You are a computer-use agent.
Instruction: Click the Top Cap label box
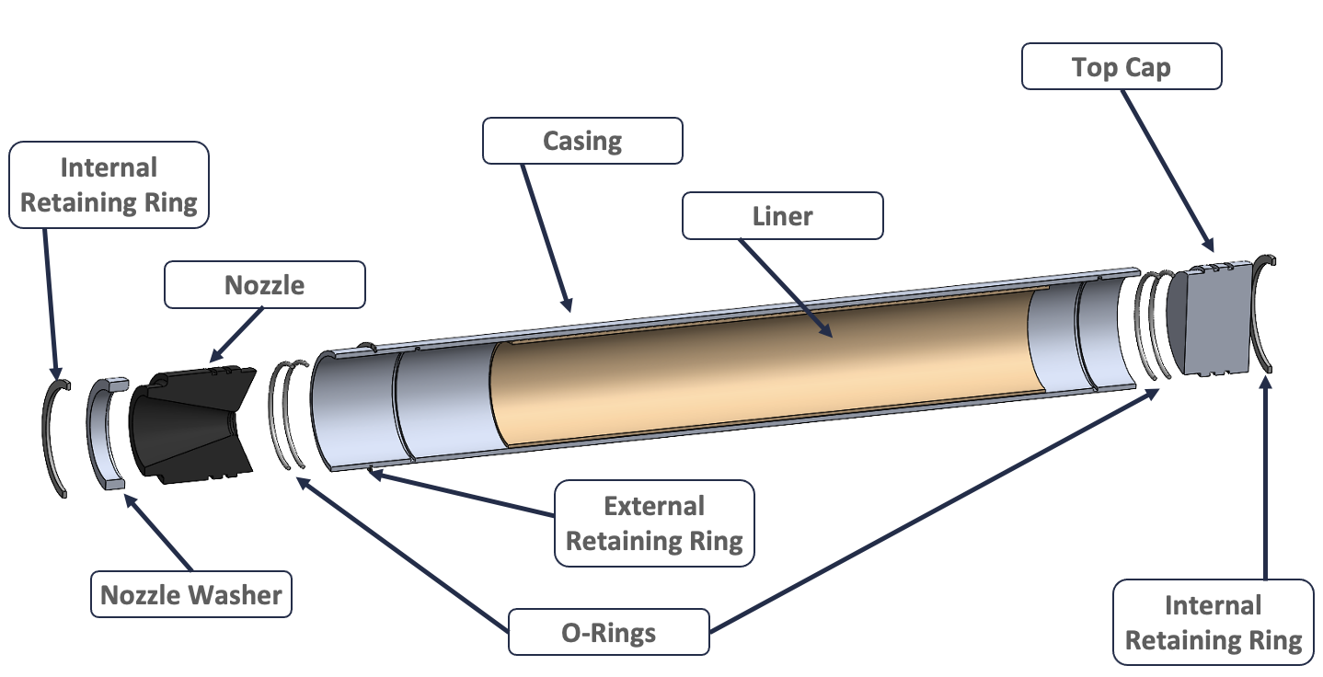click(1122, 66)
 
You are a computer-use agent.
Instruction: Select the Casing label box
click(582, 141)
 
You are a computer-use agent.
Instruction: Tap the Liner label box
click(783, 215)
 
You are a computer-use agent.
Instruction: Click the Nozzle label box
click(265, 285)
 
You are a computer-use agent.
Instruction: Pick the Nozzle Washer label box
click(191, 594)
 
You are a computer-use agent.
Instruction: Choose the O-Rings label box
click(609, 632)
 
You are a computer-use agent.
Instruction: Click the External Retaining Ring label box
click(654, 523)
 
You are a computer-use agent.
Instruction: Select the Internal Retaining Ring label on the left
click(109, 185)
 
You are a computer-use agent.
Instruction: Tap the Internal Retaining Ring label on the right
click(1214, 623)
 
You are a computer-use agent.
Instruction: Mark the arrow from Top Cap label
click(1168, 171)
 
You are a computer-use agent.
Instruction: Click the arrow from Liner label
click(786, 288)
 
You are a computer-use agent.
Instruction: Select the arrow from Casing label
click(546, 238)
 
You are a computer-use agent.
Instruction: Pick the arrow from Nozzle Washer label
click(158, 533)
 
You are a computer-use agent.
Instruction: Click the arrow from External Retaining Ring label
click(462, 493)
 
